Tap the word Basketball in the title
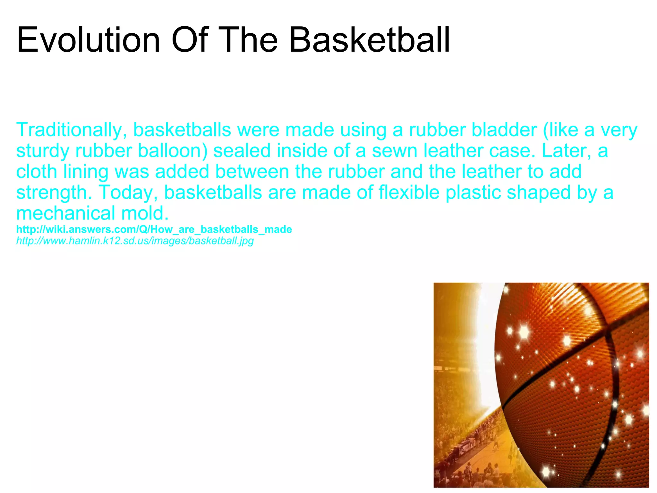[x=370, y=40]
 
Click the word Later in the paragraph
[x=566, y=151]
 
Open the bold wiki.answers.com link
[x=154, y=229]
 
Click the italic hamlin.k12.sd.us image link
[x=135, y=241]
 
